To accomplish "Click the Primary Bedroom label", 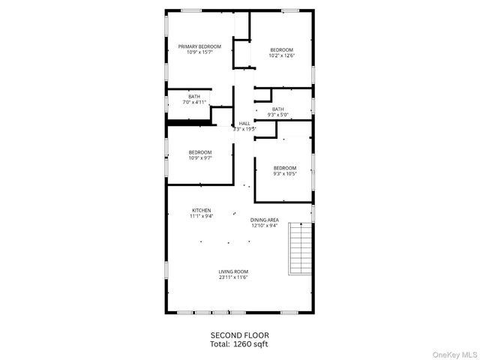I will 199,46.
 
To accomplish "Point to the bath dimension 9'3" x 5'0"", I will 277,115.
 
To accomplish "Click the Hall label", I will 244,124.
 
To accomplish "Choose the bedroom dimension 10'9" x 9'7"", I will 199,157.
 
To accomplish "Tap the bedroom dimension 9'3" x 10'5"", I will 284,173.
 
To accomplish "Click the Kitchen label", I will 201,210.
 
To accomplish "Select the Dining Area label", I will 264,220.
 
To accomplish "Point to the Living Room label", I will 233,271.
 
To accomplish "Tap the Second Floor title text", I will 239,335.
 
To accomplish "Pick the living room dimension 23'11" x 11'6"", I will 233,277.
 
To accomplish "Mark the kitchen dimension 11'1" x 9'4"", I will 201,216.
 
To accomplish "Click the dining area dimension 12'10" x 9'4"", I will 264,226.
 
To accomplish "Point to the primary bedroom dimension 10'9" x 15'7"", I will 199,52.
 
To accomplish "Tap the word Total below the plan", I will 220,343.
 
